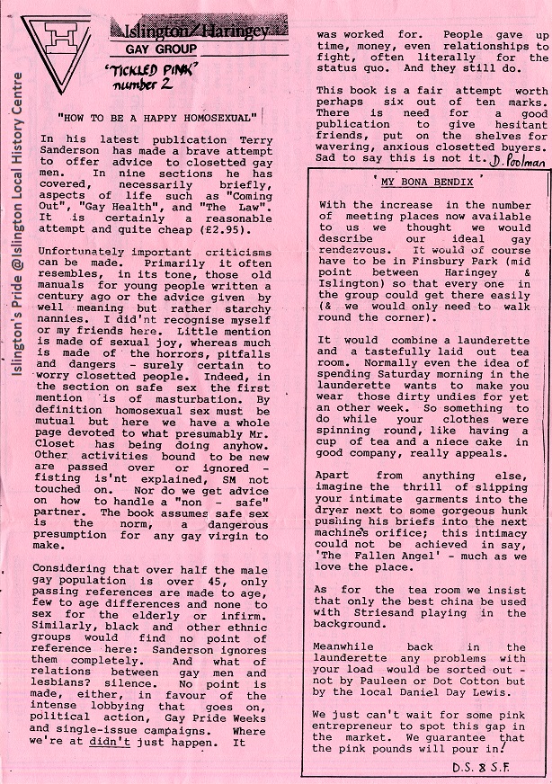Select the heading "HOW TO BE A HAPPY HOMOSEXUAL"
tap(157, 117)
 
